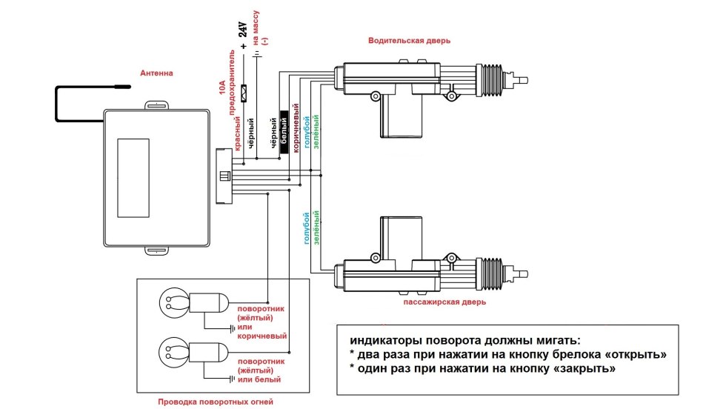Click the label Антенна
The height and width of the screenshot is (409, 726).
[157, 73]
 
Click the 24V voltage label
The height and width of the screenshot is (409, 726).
[242, 30]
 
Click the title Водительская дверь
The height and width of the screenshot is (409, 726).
[409, 41]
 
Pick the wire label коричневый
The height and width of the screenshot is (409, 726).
[296, 133]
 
